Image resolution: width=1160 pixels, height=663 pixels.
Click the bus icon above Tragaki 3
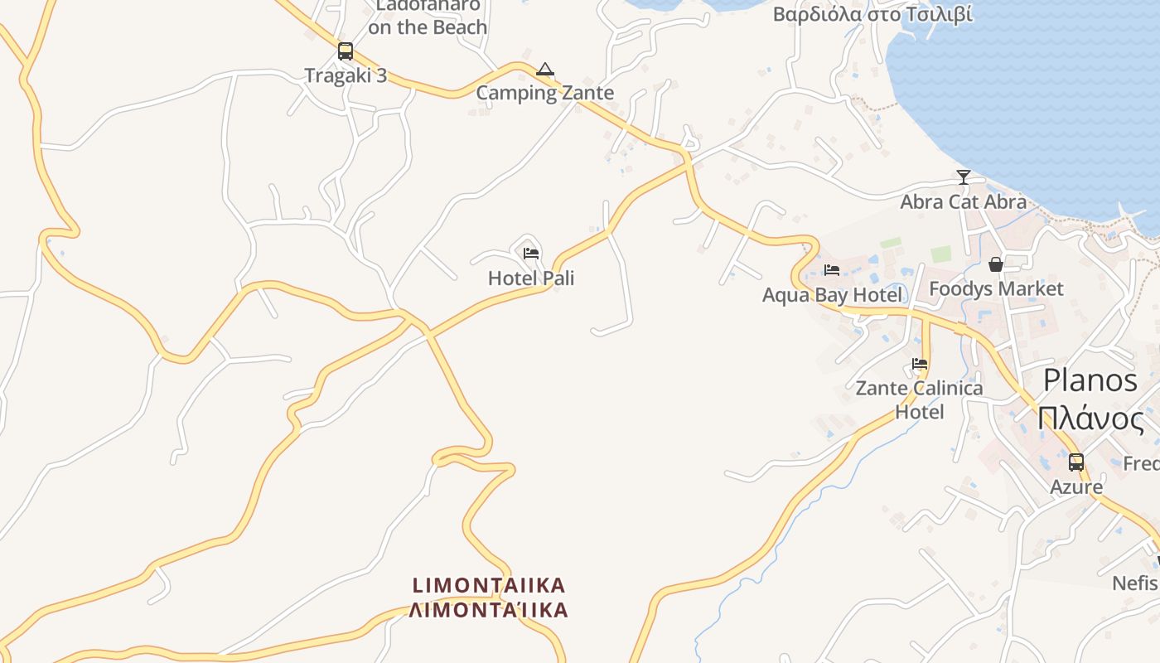(346, 51)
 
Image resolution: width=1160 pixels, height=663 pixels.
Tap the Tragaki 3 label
(346, 75)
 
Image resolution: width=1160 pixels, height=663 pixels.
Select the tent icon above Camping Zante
(544, 70)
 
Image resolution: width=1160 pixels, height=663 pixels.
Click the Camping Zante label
(544, 93)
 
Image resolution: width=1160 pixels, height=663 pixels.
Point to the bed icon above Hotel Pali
(531, 253)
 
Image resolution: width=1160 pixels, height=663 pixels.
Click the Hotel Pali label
(531, 278)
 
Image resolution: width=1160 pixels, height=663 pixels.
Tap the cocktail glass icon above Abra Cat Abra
(963, 177)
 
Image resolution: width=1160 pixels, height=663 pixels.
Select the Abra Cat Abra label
(963, 201)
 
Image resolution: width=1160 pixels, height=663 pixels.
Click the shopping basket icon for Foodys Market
(996, 264)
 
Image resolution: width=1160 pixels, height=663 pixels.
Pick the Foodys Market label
(996, 288)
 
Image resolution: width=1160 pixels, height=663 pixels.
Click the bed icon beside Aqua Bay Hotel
(832, 270)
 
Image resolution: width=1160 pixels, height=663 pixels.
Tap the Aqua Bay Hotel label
(832, 295)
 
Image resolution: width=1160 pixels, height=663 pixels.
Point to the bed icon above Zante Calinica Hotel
(919, 364)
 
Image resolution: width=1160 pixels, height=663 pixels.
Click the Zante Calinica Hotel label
(919, 399)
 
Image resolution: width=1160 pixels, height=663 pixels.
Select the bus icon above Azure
(1075, 462)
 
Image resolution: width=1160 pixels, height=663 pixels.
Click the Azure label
(1075, 486)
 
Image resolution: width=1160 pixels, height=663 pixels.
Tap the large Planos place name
(1090, 380)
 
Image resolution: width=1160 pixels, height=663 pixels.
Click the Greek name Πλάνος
(1090, 419)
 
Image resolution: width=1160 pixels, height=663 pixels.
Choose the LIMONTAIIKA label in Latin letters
(489, 585)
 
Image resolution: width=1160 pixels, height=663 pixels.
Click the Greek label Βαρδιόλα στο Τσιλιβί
(872, 14)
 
